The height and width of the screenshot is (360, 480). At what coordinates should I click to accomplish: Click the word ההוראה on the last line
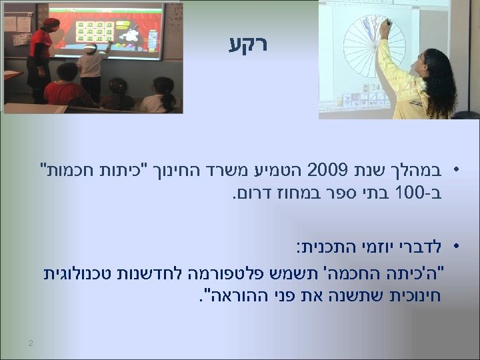(x=236, y=292)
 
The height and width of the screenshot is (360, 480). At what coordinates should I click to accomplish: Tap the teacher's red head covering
(x=51, y=23)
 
